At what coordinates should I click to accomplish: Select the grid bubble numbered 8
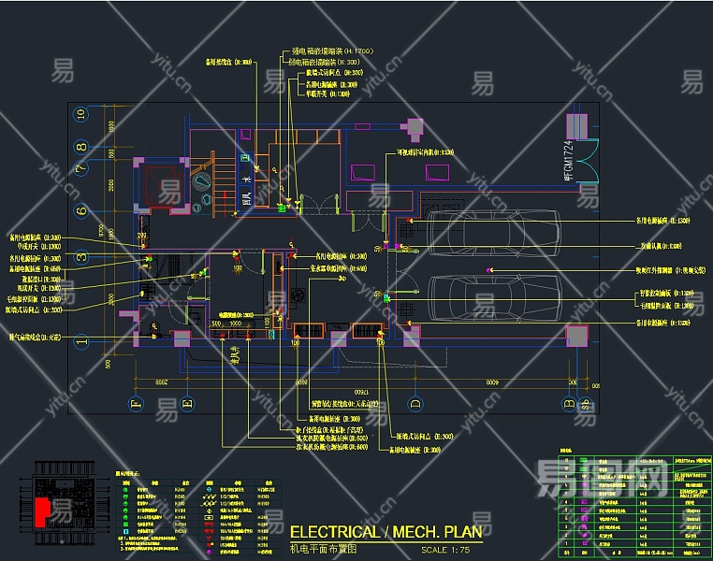pyautogui.click(x=82, y=146)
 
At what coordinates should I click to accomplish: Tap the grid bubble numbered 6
pyautogui.click(x=82, y=206)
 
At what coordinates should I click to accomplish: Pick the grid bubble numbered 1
pyautogui.click(x=82, y=341)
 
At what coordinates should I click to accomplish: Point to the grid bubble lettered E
pyautogui.click(x=186, y=403)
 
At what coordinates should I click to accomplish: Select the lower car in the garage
pyautogui.click(x=491, y=297)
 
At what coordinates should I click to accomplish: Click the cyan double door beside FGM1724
pyautogui.click(x=587, y=160)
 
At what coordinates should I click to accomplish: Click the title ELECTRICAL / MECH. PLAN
pyautogui.click(x=386, y=532)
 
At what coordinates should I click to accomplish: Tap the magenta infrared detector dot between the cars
pyautogui.click(x=488, y=270)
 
